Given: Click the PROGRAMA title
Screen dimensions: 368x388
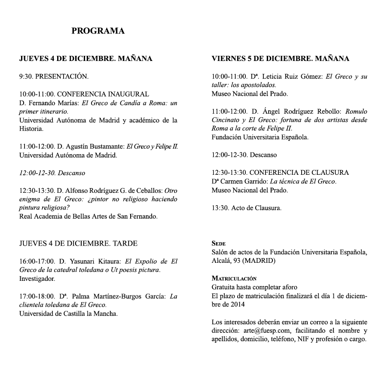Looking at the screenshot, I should coord(98,31).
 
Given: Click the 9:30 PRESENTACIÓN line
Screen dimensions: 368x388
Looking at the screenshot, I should coord(54,77).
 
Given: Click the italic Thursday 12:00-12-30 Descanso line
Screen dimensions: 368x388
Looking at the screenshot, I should coord(52,173).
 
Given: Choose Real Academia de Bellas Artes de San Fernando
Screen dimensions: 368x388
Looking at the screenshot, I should coord(89,216).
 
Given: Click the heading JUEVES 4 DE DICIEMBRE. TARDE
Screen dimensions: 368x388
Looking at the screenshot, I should coord(79,243).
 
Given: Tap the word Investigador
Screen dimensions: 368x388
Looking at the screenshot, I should coord(37,279).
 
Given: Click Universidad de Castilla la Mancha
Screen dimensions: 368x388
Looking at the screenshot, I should coord(69,313).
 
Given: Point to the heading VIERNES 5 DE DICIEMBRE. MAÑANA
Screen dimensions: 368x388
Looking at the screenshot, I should coord(281,59).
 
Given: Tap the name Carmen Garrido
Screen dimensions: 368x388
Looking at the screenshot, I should coord(244,181).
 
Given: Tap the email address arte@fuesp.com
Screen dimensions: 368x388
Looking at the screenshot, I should coord(262,331).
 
